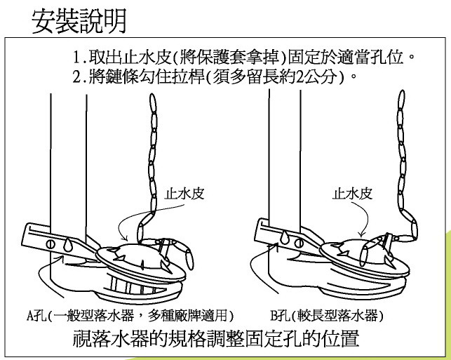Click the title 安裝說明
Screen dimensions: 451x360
79,21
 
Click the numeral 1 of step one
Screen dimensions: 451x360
76,58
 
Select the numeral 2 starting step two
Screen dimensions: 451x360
76,76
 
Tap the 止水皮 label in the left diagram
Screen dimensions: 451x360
184,194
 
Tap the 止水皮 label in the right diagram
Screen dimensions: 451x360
352,194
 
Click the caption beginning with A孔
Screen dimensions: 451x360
130,315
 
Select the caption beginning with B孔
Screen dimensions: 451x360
327,315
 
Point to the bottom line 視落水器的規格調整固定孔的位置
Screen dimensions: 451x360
216,338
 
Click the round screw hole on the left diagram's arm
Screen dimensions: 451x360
51,244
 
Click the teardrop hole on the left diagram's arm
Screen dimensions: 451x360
68,244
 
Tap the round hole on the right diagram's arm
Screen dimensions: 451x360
299,244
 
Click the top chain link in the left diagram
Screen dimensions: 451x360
152,103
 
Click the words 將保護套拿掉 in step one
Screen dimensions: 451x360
229,58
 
